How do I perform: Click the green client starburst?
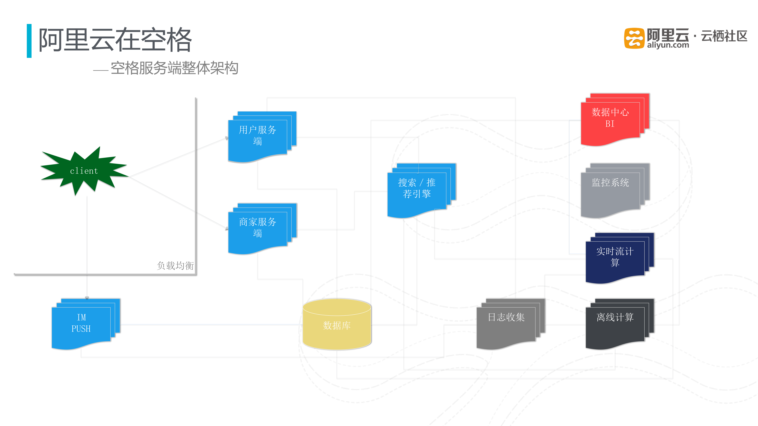pyautogui.click(x=84, y=171)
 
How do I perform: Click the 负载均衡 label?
pyautogui.click(x=175, y=265)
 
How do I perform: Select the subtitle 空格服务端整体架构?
pyautogui.click(x=174, y=68)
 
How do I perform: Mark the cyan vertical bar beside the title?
pyautogui.click(x=29, y=41)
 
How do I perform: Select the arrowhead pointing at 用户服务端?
pyautogui.click(x=227, y=138)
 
